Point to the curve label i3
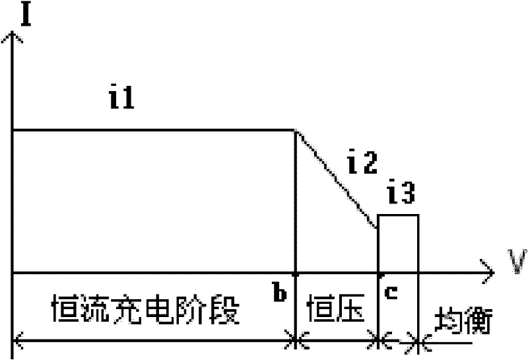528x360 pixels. pos(401,195)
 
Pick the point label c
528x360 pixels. pos(391,293)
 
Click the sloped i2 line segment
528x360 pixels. pos(337,178)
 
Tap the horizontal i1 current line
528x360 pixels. pos(152,129)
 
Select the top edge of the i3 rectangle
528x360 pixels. pos(397,215)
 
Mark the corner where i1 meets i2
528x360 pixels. pos(294,129)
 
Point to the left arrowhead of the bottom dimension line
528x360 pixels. pos(17,341)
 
